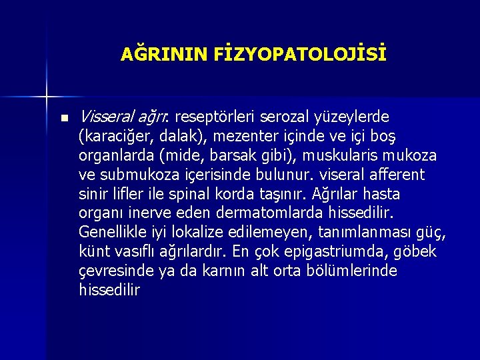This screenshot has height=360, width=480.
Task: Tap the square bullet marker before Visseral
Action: coord(63,118)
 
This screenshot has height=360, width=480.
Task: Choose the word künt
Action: coord(94,252)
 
